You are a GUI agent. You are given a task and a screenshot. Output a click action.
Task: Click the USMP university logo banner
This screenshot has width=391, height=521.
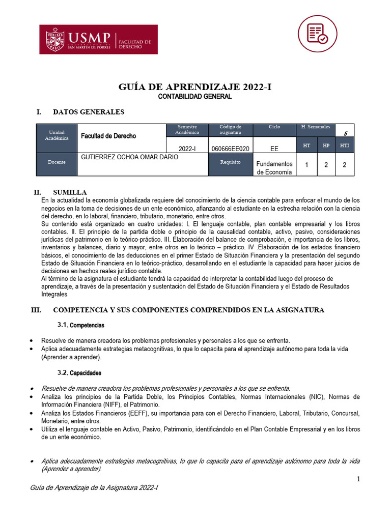(99, 39)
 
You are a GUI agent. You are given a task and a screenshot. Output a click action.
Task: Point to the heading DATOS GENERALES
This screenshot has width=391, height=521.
(89, 112)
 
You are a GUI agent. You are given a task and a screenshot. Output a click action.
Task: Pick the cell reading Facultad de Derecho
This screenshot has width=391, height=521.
(108, 136)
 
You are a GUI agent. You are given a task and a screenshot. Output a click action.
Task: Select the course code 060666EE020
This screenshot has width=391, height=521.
(230, 148)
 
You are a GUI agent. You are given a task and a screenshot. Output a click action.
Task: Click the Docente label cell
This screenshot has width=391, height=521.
(57, 162)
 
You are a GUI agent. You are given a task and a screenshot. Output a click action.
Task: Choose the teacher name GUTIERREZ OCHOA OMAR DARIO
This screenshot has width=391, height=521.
(130, 157)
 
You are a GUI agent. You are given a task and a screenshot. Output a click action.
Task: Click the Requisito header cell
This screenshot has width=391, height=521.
(230, 162)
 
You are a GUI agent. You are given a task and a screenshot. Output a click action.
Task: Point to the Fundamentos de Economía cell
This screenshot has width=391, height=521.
(274, 167)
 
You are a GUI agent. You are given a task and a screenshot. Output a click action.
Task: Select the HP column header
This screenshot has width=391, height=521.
(326, 146)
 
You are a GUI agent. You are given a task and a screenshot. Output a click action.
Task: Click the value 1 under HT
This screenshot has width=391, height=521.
(306, 165)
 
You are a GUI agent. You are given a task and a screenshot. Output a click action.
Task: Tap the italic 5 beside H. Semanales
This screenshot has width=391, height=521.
(345, 134)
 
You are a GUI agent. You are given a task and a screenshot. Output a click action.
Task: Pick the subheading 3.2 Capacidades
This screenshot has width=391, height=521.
(79, 373)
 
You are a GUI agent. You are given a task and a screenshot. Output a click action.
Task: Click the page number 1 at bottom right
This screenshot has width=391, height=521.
(358, 479)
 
